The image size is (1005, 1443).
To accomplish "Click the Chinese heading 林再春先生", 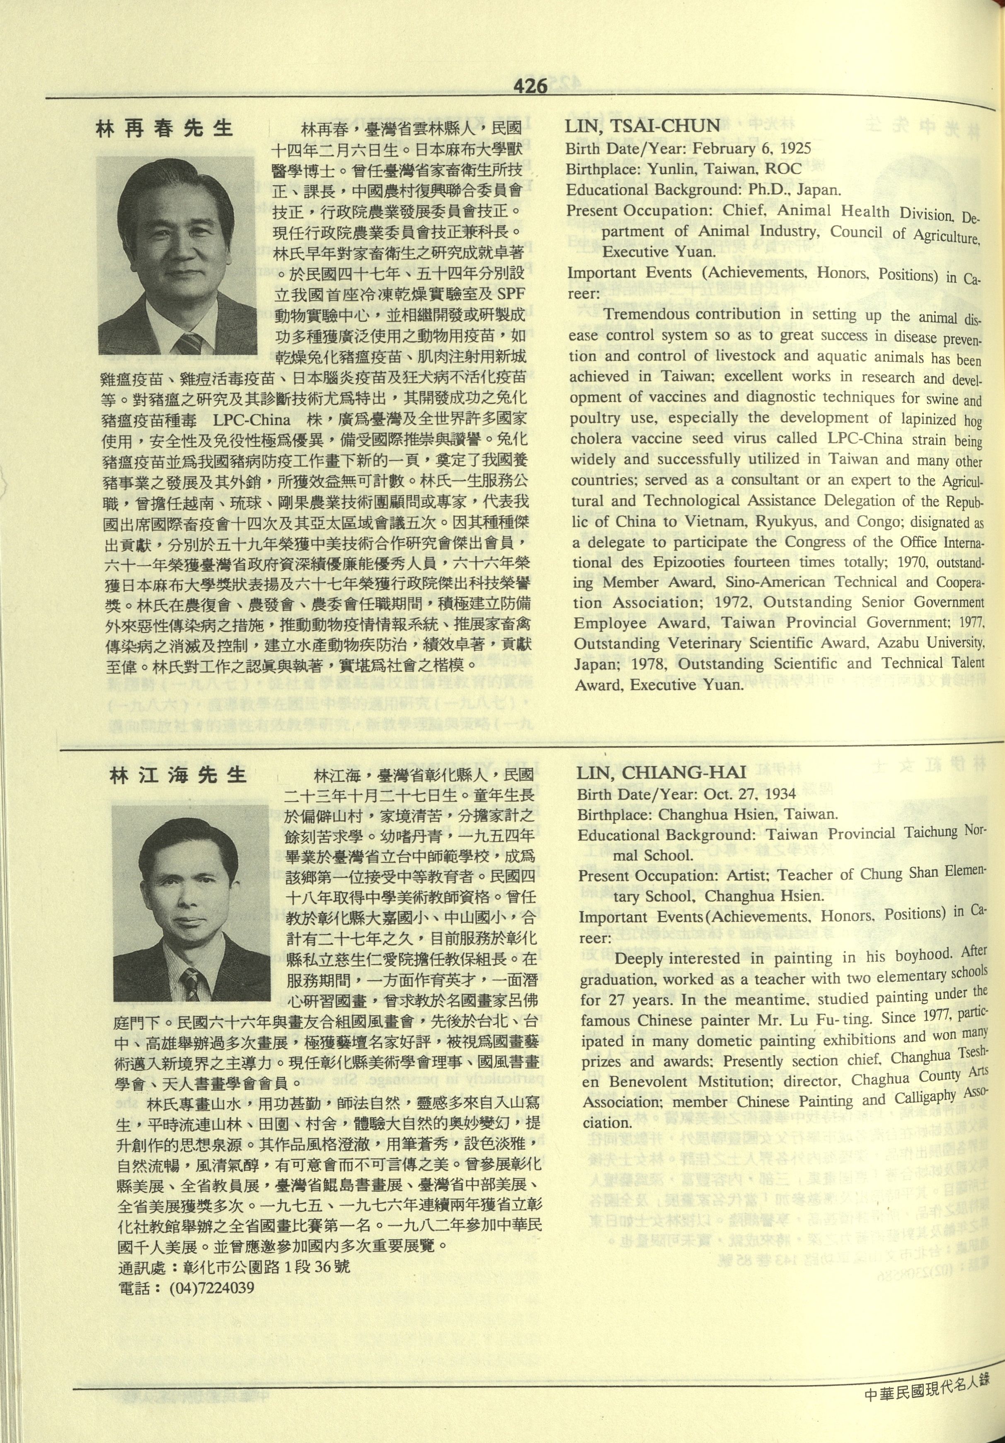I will click(165, 129).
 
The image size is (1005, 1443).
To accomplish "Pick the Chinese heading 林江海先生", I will click(178, 775).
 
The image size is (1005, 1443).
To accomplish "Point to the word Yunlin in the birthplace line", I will click(673, 169).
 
